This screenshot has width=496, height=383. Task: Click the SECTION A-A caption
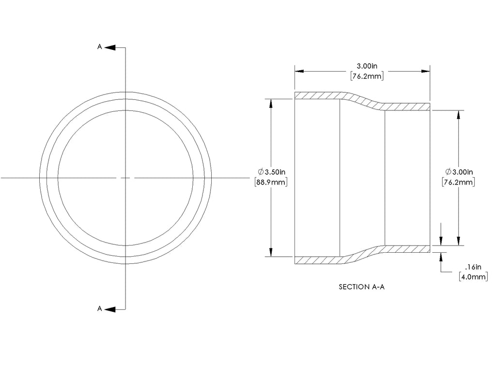[361, 287]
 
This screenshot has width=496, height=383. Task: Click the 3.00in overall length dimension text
[367, 66]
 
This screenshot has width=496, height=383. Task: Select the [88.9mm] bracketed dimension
[271, 182]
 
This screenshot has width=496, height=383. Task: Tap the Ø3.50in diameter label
[271, 172]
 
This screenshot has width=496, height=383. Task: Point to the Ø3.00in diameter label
[459, 172]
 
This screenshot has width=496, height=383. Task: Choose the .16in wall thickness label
[473, 267]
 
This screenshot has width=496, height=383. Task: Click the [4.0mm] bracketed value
[473, 277]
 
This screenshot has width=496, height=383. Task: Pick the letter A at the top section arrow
[100, 47]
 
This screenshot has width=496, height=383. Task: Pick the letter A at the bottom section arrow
[100, 308]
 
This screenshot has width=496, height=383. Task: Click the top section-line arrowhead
[110, 47]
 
